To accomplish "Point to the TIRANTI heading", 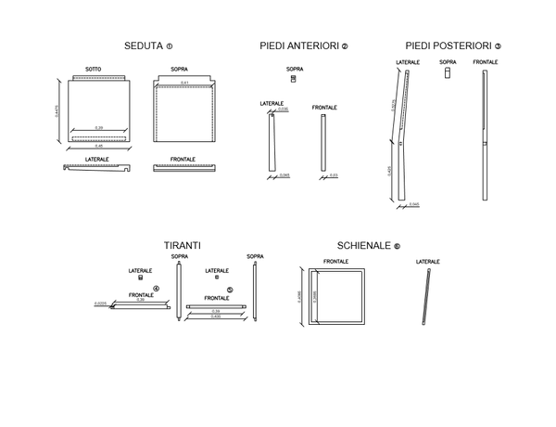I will click(x=183, y=245).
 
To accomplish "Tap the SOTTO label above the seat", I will click(x=94, y=70).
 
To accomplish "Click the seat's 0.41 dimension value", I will click(x=184, y=84).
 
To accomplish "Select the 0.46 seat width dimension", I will click(x=98, y=147).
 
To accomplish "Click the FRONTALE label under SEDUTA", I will click(x=183, y=160).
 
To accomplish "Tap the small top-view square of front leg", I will click(x=294, y=79).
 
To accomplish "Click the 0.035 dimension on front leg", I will click(x=283, y=110).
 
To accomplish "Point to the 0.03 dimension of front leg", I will click(x=333, y=175).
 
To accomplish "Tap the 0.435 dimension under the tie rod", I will click(x=215, y=317).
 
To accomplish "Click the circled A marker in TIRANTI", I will click(x=156, y=289).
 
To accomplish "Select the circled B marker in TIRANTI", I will click(x=230, y=289).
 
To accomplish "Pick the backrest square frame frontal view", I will click(x=336, y=297).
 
